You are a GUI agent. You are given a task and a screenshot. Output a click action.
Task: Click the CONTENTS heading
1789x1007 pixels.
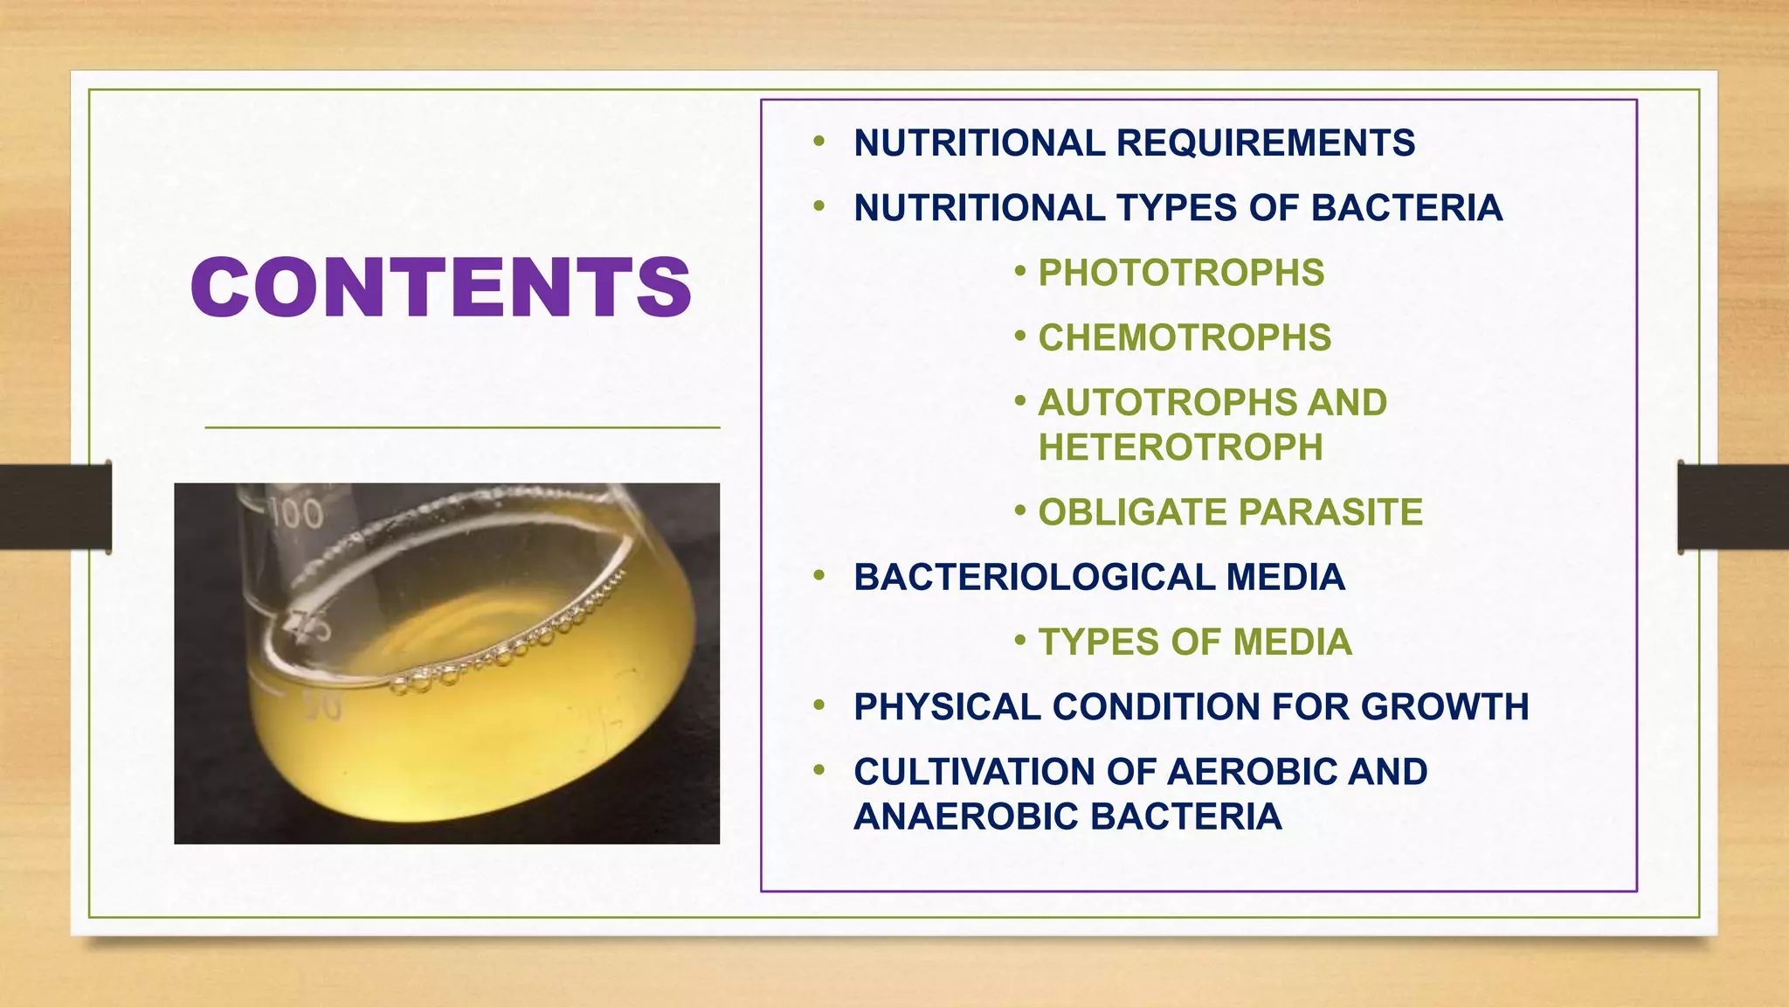(441, 288)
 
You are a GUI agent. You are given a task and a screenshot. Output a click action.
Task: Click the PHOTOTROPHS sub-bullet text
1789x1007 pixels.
(1181, 273)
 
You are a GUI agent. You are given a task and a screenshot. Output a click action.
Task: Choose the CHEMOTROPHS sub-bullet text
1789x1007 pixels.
(1185, 337)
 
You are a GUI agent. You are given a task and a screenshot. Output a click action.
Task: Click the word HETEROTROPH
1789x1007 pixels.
(1180, 448)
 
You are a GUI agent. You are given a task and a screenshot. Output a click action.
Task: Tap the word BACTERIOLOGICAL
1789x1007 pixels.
(1033, 577)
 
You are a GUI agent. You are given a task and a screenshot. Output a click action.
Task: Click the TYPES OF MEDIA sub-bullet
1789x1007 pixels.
(1194, 642)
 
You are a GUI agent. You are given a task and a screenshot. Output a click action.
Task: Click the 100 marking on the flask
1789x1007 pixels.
(296, 513)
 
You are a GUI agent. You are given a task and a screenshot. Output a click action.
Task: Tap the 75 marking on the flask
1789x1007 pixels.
(307, 627)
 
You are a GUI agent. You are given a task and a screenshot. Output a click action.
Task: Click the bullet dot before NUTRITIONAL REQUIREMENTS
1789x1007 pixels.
(819, 142)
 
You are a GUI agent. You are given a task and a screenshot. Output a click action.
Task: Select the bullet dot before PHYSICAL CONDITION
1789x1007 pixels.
(819, 705)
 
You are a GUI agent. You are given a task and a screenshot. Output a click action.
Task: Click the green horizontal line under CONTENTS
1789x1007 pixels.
(462, 427)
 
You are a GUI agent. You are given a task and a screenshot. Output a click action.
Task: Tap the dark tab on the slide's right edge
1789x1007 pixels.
(1732, 507)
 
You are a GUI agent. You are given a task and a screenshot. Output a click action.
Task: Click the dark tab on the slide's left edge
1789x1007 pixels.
(55, 507)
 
